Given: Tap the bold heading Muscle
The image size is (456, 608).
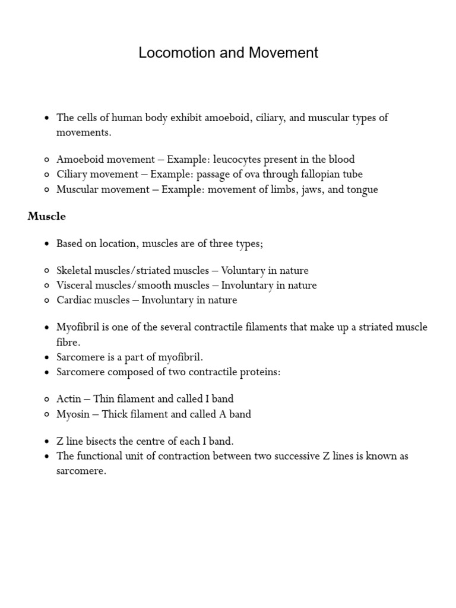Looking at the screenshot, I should [x=46, y=217].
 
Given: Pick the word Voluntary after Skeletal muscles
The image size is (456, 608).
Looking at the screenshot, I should [x=243, y=271].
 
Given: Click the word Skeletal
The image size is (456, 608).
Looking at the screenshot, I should [x=74, y=271].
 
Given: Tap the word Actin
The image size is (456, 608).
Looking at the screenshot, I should [x=69, y=399].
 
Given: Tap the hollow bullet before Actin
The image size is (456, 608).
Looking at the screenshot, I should [x=46, y=400].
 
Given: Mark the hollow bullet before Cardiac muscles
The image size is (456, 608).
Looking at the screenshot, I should [x=46, y=301].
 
